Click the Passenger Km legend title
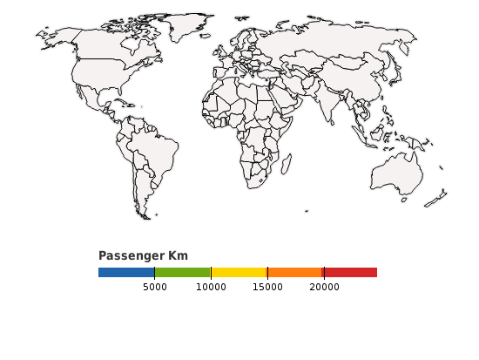pyautogui.click(x=143, y=255)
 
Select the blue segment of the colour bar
pyautogui.click(x=126, y=273)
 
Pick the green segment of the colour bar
pyautogui.click(x=182, y=273)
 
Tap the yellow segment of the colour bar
pyautogui.click(x=239, y=273)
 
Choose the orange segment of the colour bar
pyautogui.click(x=295, y=273)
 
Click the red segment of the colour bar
pyautogui.click(x=350, y=273)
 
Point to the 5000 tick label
pyautogui.click(x=154, y=287)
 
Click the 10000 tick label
pyautogui.click(x=211, y=287)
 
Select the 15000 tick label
pyautogui.click(x=267, y=287)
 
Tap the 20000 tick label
pyautogui.click(x=324, y=287)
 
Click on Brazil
pyautogui.click(x=156, y=153)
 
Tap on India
pyautogui.click(x=328, y=105)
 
